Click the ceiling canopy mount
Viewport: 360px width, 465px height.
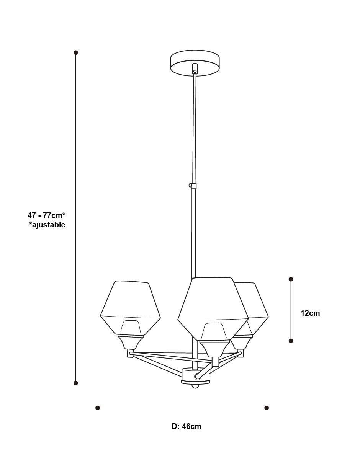click(x=195, y=62)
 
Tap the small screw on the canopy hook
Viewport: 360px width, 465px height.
click(x=195, y=71)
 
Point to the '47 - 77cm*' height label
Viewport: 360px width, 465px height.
click(x=46, y=215)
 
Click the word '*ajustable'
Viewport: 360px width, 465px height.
click(x=47, y=225)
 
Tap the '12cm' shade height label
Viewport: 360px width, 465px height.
click(x=310, y=313)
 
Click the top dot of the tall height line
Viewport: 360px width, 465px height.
click(x=75, y=52)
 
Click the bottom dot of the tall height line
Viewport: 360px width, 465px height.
click(x=75, y=383)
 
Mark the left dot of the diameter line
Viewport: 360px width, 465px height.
click(x=98, y=408)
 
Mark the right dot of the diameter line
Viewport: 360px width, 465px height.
click(x=267, y=408)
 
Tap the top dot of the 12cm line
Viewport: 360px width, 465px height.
click(x=291, y=279)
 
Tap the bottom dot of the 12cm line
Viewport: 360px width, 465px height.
click(x=291, y=341)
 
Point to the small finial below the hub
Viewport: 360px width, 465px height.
click(x=195, y=386)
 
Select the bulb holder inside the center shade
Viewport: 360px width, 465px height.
click(x=215, y=331)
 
